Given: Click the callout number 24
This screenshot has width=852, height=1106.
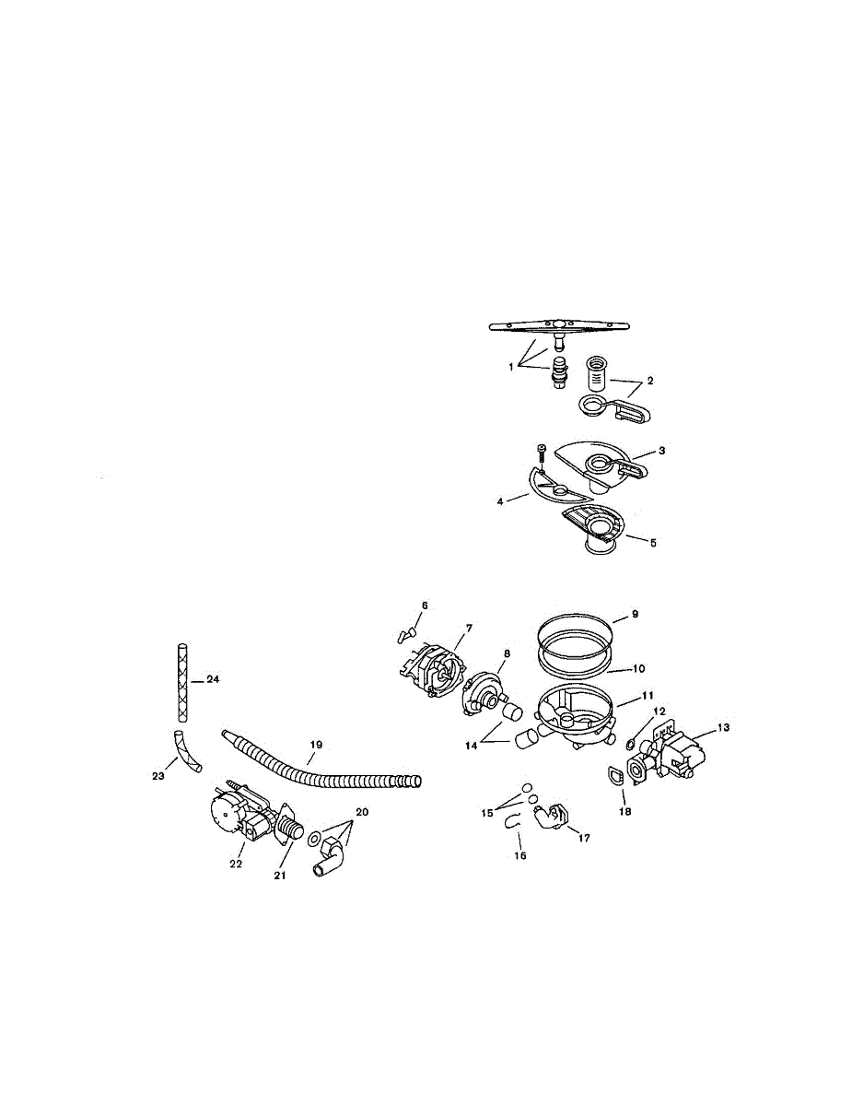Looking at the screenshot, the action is [213, 679].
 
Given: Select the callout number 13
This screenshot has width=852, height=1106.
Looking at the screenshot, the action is [723, 727].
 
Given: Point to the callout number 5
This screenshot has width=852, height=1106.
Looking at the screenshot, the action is [652, 543].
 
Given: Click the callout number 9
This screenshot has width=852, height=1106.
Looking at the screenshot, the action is [634, 614].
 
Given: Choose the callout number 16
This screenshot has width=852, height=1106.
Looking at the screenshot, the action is [519, 855].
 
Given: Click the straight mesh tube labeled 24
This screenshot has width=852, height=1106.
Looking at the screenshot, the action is [181, 682].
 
